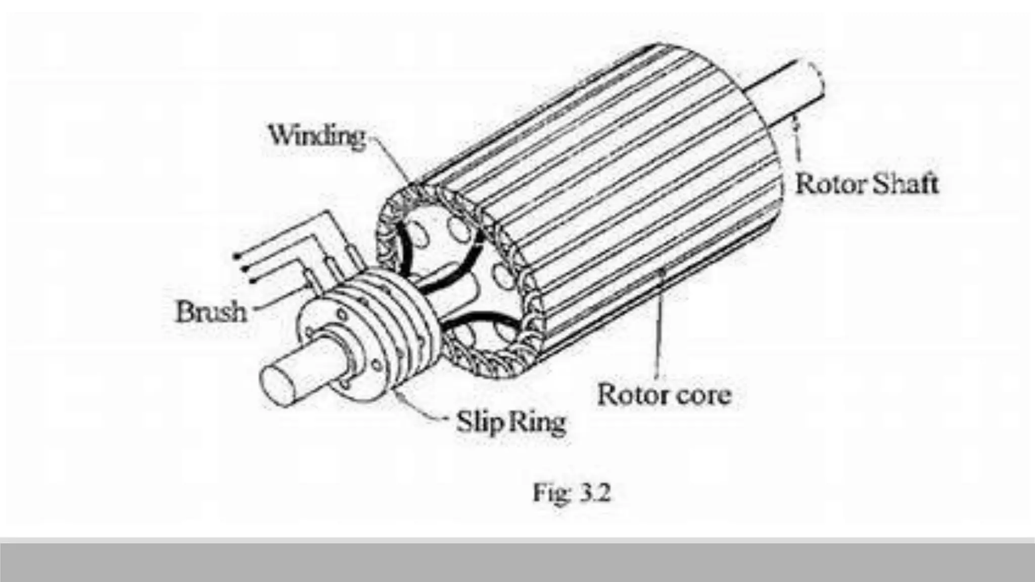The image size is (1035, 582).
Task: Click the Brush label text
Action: click(x=211, y=312)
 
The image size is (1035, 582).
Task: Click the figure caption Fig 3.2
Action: click(x=572, y=493)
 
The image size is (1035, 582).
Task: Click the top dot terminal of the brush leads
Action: click(x=236, y=256)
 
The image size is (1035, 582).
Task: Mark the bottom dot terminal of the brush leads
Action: click(x=251, y=279)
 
